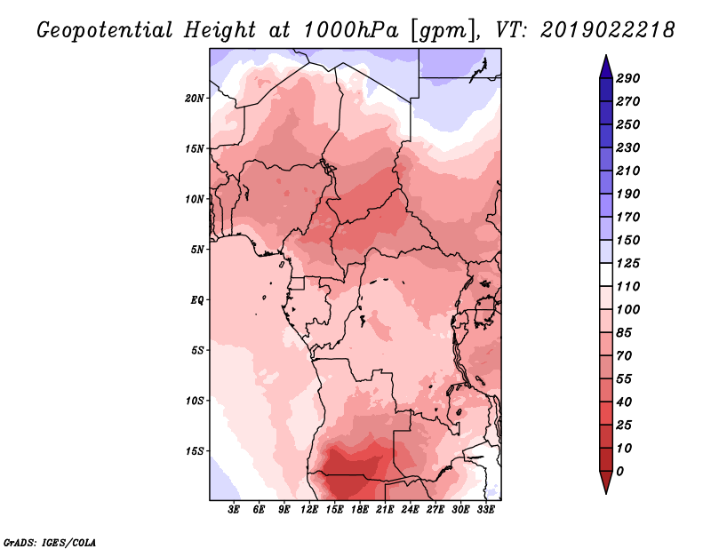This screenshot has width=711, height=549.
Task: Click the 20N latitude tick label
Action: tap(195, 98)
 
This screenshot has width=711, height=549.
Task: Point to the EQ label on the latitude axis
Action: tap(197, 299)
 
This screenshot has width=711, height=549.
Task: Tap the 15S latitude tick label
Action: tap(195, 450)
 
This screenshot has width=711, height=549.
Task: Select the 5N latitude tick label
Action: tap(197, 249)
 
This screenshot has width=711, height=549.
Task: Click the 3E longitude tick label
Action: tap(235, 510)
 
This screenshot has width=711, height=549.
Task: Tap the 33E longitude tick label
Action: tap(485, 510)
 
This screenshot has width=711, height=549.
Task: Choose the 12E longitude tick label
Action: tap(309, 510)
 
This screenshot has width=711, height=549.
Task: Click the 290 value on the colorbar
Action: tap(628, 78)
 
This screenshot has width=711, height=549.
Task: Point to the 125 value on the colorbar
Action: tap(628, 263)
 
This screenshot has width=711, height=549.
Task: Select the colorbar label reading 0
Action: tap(619, 471)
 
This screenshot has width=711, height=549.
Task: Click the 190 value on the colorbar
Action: tap(628, 194)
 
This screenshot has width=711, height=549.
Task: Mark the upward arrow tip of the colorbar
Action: tap(605, 57)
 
